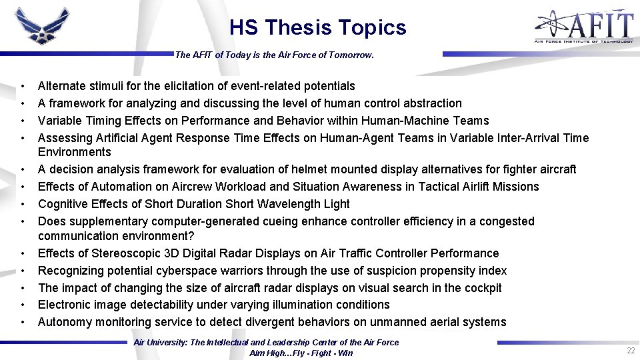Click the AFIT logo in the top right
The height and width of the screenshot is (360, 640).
coord(584,27)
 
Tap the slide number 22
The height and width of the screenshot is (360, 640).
coord(630,351)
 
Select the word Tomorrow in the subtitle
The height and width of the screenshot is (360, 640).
coord(351,56)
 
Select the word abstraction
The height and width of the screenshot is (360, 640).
coord(432,103)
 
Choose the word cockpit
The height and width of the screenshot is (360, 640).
coord(481,288)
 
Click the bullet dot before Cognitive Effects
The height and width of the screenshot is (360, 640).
coord(23,204)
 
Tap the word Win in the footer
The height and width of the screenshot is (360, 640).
coord(345,353)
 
